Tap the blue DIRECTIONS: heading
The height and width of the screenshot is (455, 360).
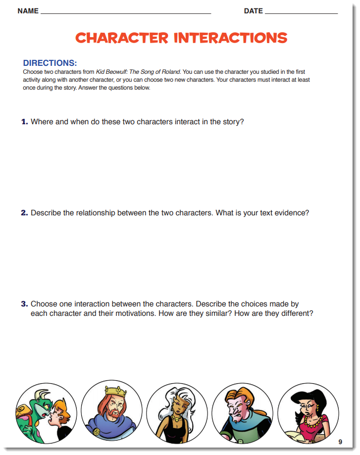click(x=50, y=63)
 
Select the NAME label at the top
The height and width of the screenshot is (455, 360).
click(x=28, y=11)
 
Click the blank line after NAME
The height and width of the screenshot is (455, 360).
click(x=126, y=12)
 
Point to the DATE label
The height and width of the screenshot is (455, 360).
click(x=253, y=11)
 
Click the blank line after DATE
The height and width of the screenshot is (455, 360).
click(x=301, y=12)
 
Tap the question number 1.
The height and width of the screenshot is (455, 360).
click(x=24, y=122)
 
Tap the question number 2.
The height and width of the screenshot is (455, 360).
click(x=24, y=213)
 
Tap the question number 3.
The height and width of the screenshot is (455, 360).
click(x=24, y=304)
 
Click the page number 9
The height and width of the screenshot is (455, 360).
click(x=340, y=442)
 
